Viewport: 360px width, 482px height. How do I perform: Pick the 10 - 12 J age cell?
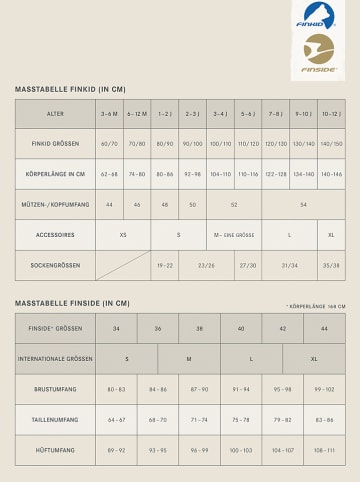(332, 114)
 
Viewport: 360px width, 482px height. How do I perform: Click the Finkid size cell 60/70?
(109, 144)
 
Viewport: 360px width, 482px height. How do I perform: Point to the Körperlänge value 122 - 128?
(275, 174)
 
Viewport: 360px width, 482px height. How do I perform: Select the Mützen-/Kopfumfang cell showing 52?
(234, 204)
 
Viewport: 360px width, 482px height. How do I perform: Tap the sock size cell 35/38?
(332, 265)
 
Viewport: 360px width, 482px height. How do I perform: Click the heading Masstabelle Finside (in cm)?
(72, 302)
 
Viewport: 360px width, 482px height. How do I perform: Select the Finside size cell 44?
(324, 328)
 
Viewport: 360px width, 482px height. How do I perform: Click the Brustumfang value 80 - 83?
(116, 388)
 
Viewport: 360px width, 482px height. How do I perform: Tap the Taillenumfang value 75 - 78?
(241, 420)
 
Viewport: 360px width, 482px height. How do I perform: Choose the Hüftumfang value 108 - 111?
(324, 451)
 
